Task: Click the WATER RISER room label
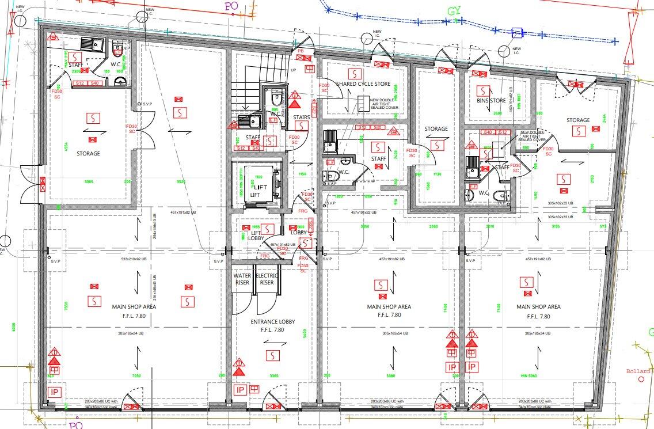coord(242,279)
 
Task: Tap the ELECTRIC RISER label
coord(267,279)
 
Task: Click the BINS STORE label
coord(490,101)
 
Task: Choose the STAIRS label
coord(301,117)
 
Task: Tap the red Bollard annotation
coord(638,371)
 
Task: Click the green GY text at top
coord(455,12)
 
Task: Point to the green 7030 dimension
coord(136,376)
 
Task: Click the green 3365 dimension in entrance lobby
coord(273,376)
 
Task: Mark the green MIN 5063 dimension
coord(527,376)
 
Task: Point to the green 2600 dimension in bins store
coord(498,113)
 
